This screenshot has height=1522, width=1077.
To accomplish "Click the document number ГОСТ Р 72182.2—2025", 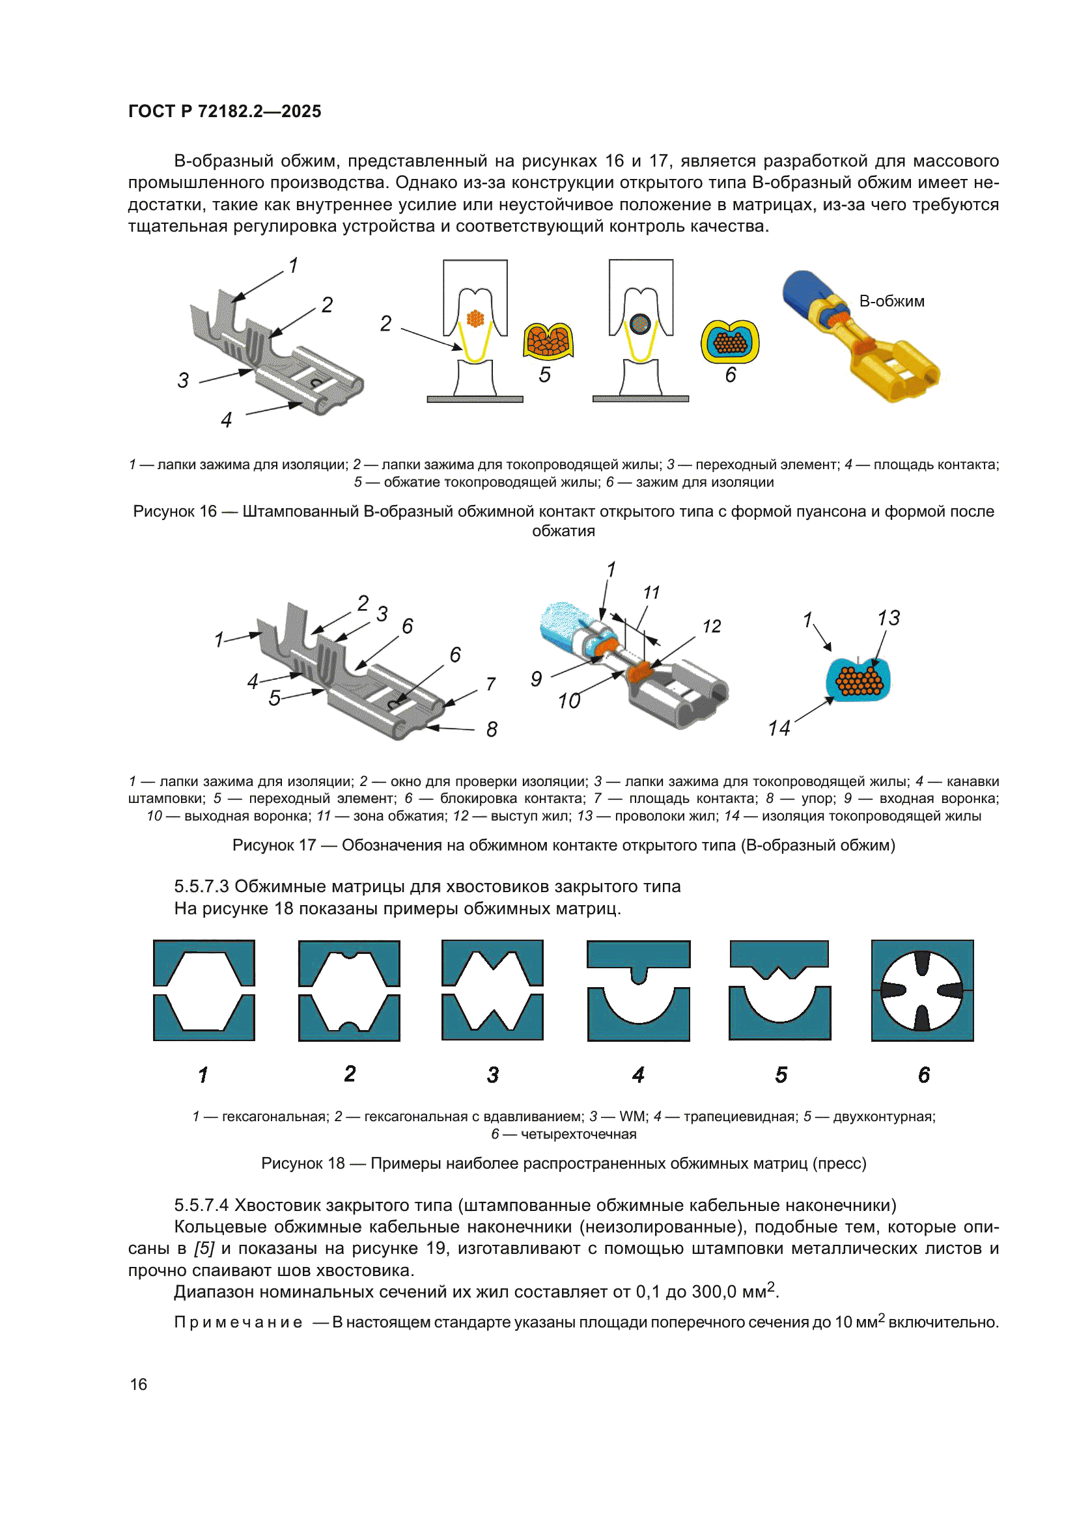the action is (224, 111).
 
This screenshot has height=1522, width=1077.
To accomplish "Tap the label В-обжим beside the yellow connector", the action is (891, 301).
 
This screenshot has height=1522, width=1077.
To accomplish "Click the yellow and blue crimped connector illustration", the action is (861, 336).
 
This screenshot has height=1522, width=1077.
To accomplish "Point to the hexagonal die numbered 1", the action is (204, 990).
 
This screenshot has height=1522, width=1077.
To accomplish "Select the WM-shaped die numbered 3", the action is (492, 990).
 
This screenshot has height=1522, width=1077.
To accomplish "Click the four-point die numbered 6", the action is (922, 990).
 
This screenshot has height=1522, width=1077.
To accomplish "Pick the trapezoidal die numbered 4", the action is (638, 990).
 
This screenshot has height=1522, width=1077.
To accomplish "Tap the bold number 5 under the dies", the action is (781, 1074).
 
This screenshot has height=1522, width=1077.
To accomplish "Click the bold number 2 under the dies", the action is (350, 1074).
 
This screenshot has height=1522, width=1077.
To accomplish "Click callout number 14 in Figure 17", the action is (779, 729).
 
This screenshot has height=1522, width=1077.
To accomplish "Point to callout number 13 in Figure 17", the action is (889, 618).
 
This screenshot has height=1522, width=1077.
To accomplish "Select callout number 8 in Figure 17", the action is (492, 729).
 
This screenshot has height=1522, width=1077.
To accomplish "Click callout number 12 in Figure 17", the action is (712, 627).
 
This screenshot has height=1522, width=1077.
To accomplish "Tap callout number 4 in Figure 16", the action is (226, 420).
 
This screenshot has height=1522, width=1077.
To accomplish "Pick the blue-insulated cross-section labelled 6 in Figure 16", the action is (729, 342).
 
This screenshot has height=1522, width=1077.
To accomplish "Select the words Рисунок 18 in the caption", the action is (302, 1163).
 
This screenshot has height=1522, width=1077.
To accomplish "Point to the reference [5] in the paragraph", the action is (204, 1249).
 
